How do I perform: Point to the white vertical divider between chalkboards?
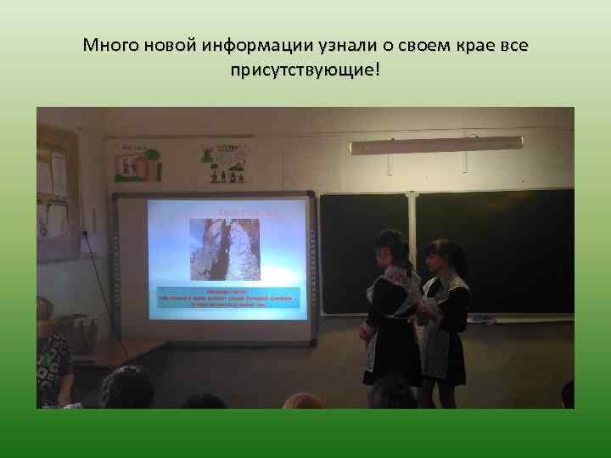point(412,254)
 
